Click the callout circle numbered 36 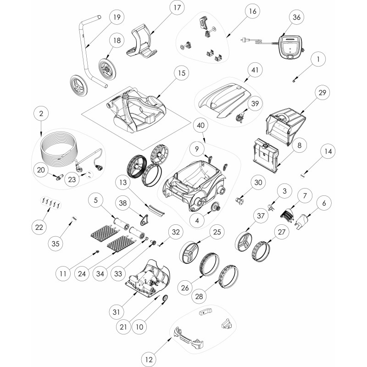pos(296,17)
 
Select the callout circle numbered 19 pos(117,17)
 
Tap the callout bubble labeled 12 pos(149,359)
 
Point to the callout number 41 pos(255,70)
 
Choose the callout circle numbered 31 pos(117,312)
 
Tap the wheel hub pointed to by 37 pos(244,241)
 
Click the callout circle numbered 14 pos(328,152)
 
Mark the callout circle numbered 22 pos(39,227)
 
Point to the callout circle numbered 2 pos(41,113)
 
